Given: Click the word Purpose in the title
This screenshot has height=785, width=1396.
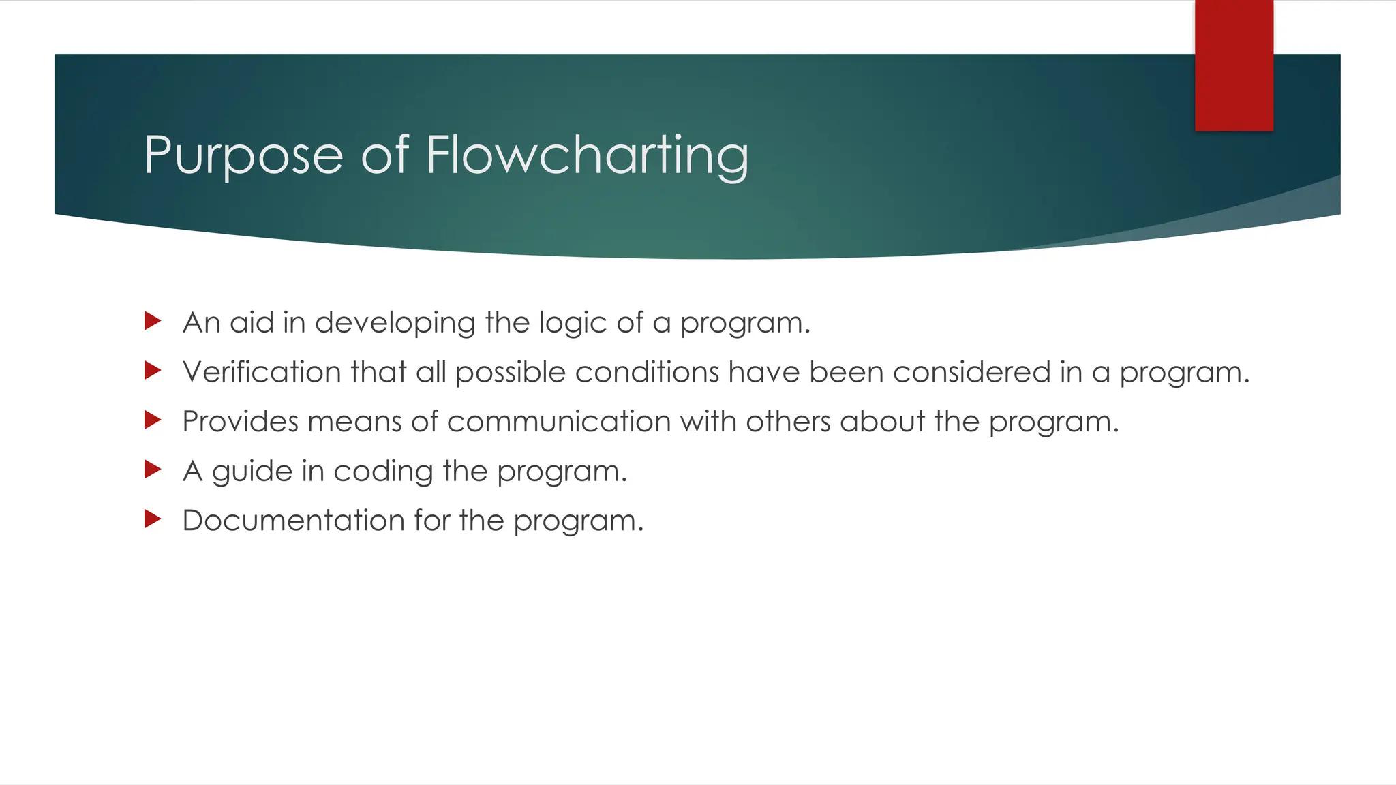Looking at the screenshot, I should click(243, 156).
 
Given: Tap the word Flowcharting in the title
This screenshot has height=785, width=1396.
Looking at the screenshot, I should click(587, 156).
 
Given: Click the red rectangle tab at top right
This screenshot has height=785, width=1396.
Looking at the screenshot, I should click(1234, 65).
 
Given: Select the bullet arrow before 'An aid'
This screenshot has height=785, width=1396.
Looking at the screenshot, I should click(153, 321).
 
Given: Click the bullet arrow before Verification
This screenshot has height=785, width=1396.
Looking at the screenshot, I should click(153, 371).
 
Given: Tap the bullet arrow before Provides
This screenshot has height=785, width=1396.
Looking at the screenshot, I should click(153, 420).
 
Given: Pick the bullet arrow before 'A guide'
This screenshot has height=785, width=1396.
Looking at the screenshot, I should click(153, 470).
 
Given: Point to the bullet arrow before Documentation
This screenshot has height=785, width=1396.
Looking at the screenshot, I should click(153, 519).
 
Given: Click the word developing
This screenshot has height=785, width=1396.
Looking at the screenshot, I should click(395, 323).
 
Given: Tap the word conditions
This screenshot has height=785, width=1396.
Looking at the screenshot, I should click(647, 372).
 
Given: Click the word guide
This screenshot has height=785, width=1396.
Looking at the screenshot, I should click(252, 472).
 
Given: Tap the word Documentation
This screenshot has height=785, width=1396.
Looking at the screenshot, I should click(293, 521).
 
